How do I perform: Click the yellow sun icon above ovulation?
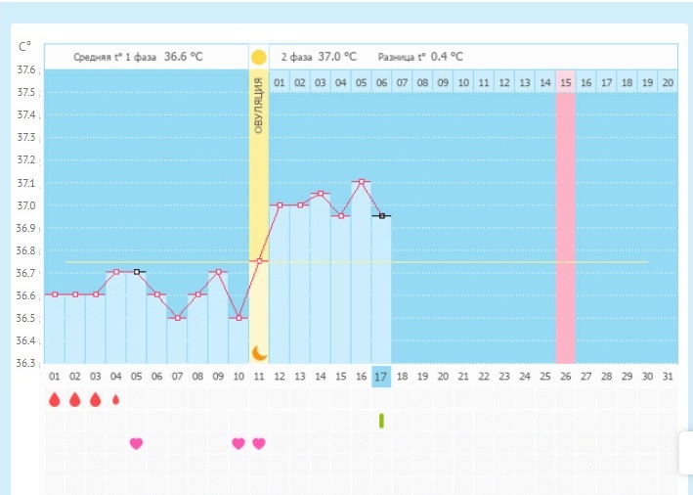[259, 57]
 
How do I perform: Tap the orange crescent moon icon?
[259, 352]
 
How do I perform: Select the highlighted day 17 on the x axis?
[381, 377]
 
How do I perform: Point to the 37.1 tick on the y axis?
[26, 183]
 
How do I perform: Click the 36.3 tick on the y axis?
[26, 363]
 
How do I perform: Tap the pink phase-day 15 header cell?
[565, 82]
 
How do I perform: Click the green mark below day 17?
[381, 420]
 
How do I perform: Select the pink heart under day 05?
[136, 443]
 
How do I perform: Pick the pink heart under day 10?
[238, 443]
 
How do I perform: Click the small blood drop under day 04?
[116, 399]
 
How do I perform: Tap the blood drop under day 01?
[54, 399]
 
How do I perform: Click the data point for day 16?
[361, 182]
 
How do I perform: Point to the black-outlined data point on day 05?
[137, 272]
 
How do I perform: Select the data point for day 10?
[238, 318]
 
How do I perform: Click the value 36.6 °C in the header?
[184, 57]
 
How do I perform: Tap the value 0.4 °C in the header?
[447, 57]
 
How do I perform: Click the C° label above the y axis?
[25, 46]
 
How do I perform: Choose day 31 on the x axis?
[667, 377]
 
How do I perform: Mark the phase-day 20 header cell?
[667, 82]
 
